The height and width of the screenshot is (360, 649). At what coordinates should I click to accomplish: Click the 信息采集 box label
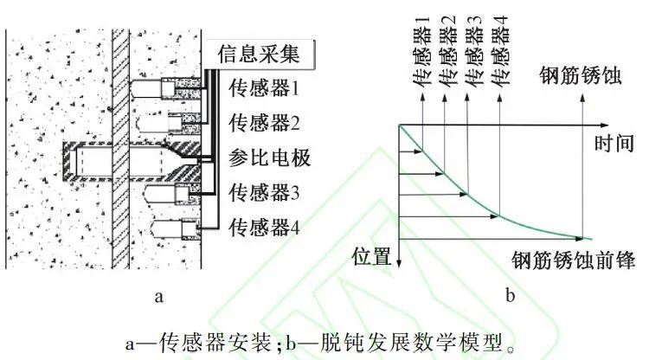coord(259,55)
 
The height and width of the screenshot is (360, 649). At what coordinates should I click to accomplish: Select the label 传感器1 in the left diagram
coord(264,87)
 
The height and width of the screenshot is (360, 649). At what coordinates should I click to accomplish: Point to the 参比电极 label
coord(268,158)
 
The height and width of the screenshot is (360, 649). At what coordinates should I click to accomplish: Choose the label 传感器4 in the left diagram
coord(264,228)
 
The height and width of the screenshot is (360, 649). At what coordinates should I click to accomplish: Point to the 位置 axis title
coord(373,255)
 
